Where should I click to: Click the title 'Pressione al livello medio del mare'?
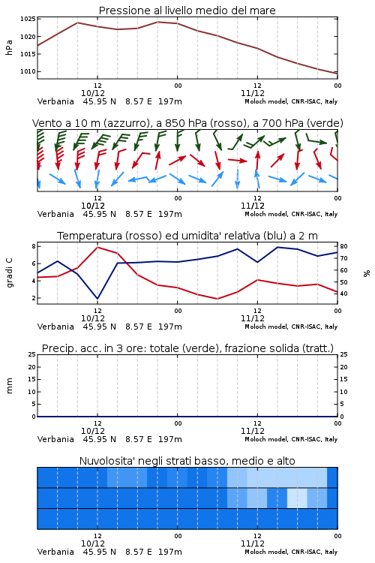(187, 11)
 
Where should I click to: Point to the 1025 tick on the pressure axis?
(28, 19)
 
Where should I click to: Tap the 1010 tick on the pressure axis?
(28, 71)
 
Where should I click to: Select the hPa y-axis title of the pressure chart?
(9, 47)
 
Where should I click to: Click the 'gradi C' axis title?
(9, 273)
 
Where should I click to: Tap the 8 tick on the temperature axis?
(34, 246)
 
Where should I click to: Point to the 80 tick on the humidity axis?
(343, 246)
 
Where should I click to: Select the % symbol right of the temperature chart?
(367, 273)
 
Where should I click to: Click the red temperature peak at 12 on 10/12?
(97, 248)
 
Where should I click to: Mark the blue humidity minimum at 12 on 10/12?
(97, 299)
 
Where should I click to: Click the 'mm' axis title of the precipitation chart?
(9, 386)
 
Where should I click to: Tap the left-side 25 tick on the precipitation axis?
(32, 354)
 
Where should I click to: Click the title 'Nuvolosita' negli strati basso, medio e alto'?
(187, 461)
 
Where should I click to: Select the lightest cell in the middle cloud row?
(297, 498)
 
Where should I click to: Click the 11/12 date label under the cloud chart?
(253, 543)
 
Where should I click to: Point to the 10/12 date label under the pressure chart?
(93, 93)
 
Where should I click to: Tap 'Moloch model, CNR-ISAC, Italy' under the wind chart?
(291, 215)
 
